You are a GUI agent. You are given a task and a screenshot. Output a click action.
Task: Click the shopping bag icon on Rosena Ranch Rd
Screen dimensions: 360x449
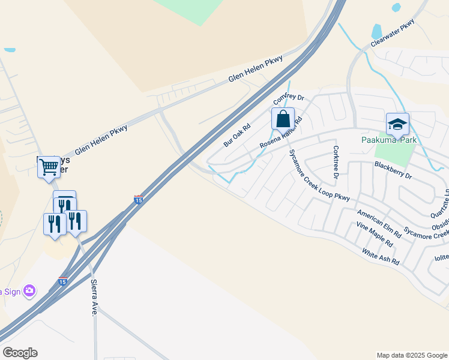point(283,118)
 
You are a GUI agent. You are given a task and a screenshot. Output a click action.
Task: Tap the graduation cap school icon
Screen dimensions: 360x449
point(397,124)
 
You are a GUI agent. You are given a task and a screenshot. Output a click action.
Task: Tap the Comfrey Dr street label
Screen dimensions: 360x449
point(289,98)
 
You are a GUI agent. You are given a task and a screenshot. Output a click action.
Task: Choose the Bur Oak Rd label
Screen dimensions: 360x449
point(237,136)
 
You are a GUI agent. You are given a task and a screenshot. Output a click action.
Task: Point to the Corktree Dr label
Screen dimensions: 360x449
point(336,162)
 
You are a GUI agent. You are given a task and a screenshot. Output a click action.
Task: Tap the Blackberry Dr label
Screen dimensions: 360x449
point(393,170)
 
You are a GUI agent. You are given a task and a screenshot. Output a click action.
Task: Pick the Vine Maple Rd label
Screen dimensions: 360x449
point(374,235)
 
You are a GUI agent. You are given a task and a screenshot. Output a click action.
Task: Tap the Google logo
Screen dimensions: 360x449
point(20,353)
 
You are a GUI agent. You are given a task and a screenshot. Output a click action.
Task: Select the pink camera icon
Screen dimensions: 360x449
point(29,292)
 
